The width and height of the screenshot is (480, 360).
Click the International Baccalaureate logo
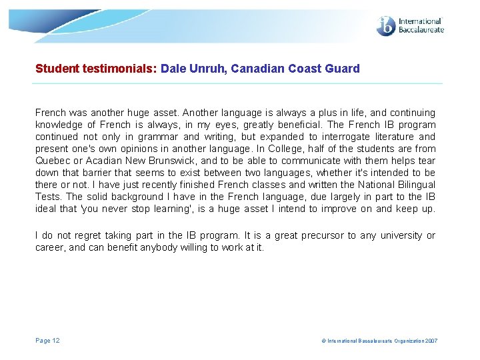tap(409, 26)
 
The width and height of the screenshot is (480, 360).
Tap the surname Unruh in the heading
tap(207, 68)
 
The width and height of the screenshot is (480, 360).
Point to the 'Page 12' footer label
tap(47, 341)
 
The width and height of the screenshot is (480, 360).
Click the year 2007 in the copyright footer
tap(430, 341)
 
